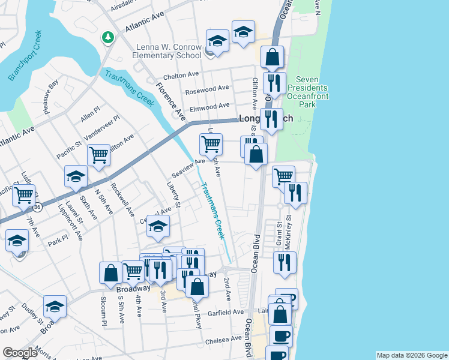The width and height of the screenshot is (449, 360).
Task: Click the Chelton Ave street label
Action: [x=181, y=74]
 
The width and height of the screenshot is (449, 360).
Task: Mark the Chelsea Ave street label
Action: [x=223, y=340]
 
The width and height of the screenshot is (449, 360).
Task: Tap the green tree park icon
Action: [x=107, y=37]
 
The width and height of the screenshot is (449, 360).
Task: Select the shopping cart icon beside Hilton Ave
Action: [x=98, y=155]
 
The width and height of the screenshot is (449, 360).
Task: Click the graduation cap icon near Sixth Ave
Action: [x=76, y=176]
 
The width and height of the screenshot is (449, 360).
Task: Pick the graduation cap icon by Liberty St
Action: [x=158, y=226]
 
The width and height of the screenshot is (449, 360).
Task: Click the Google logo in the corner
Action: [x=20, y=353]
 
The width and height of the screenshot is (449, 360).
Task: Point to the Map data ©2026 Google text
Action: [x=411, y=355]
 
